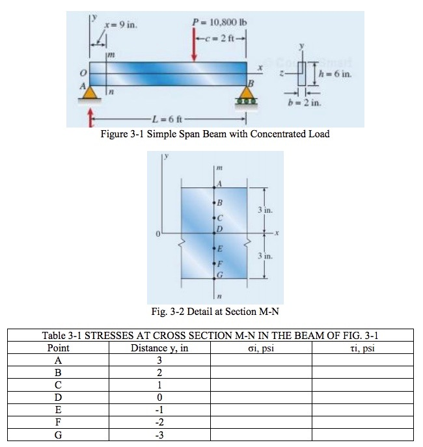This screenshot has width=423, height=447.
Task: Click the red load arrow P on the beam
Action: pos(195,46)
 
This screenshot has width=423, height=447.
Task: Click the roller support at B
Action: pos(248,101)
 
